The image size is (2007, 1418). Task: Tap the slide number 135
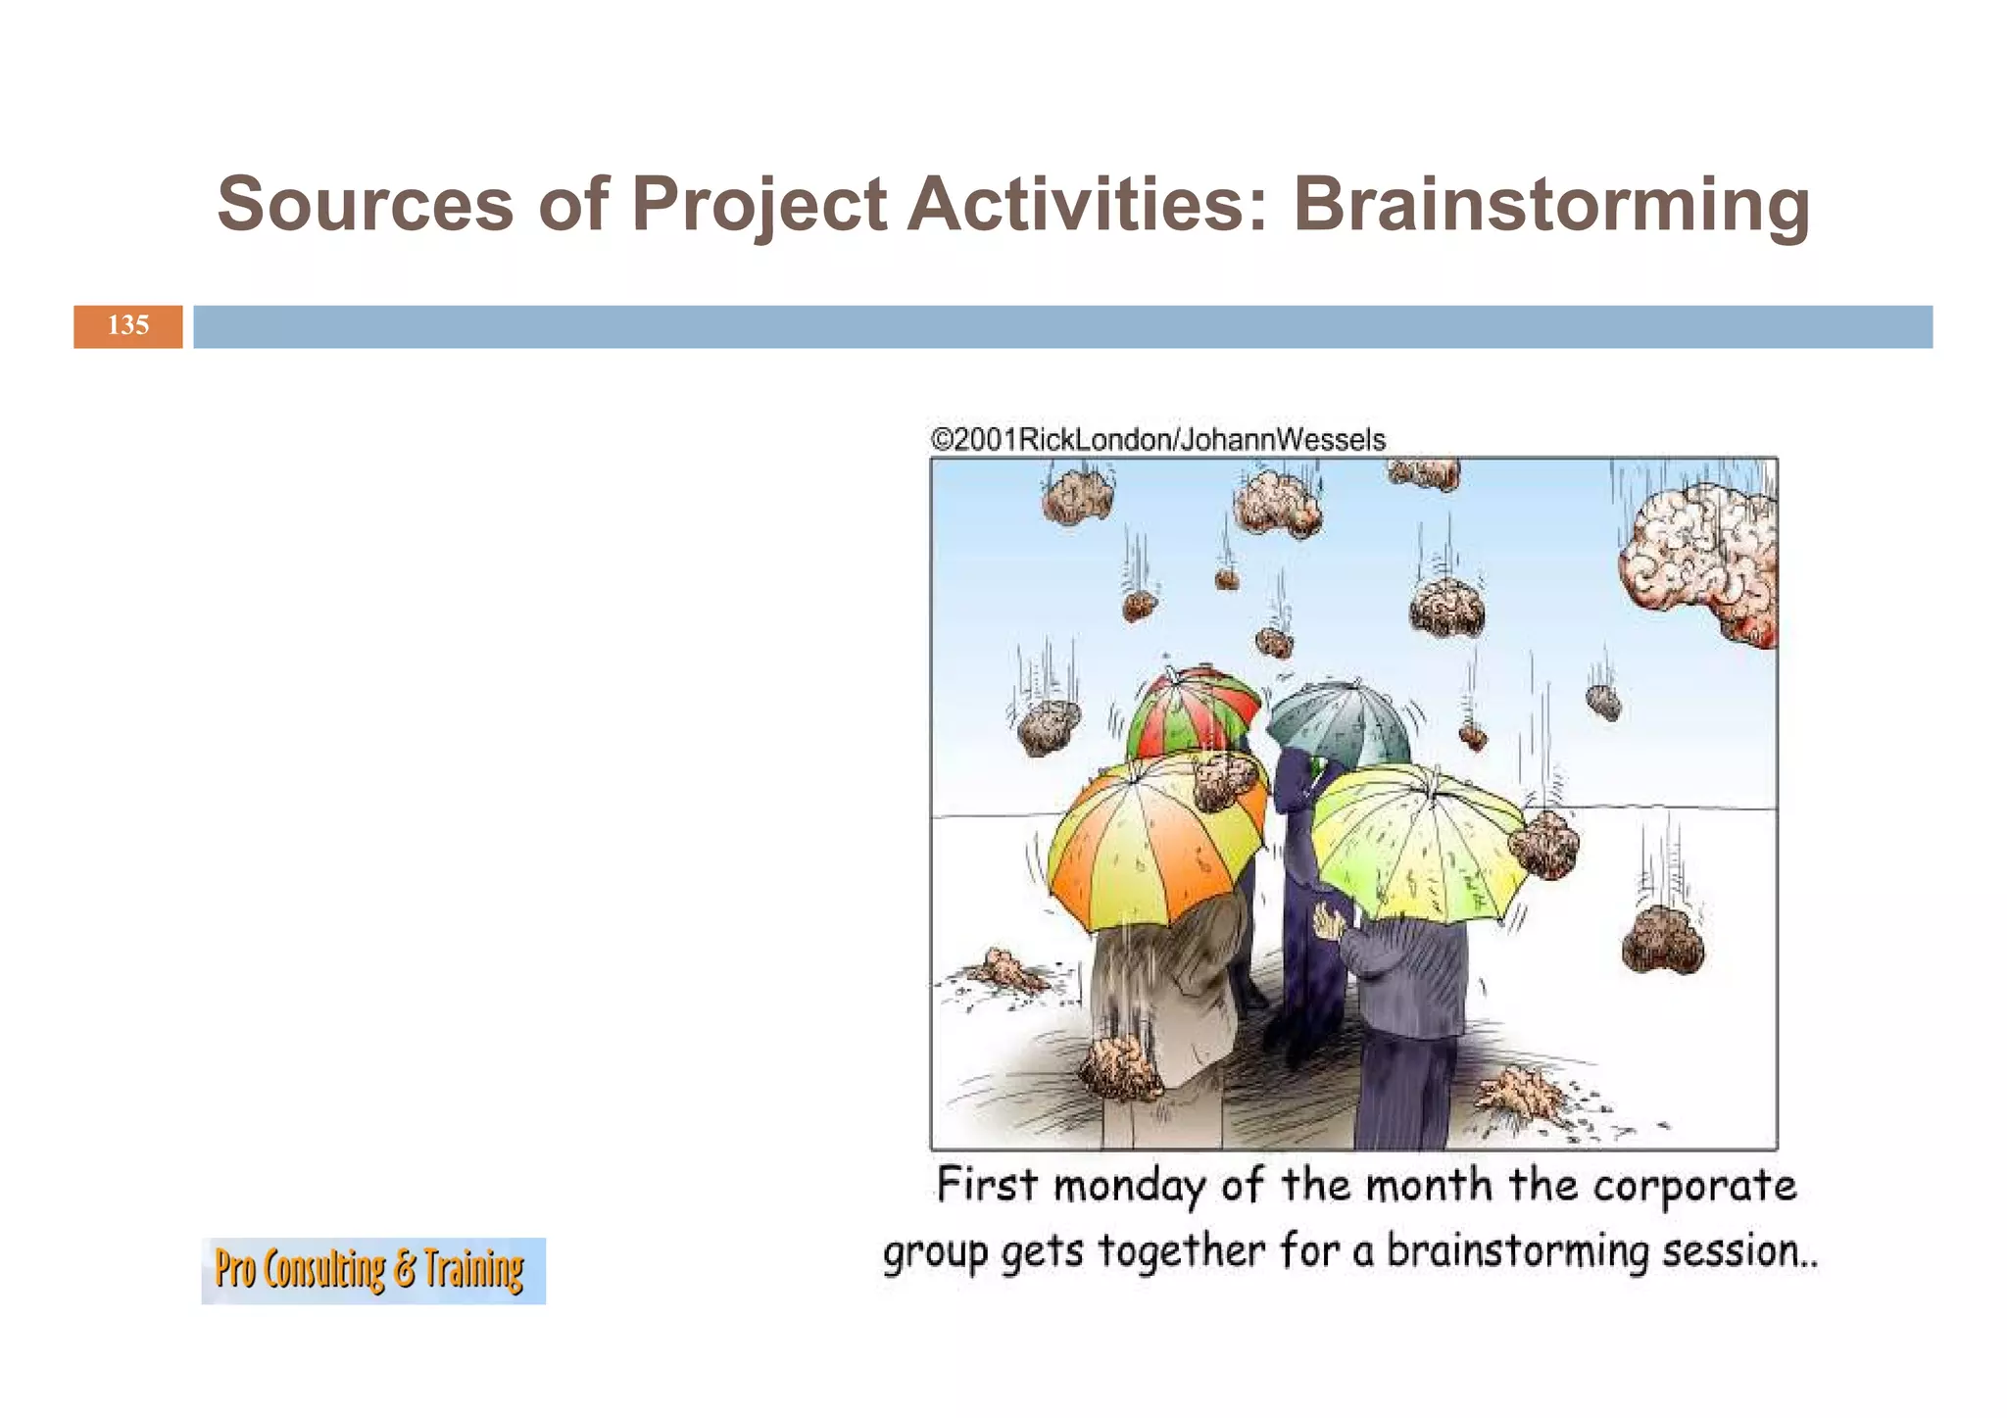coord(128,325)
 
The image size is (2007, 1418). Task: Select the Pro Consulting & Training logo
coord(372,1270)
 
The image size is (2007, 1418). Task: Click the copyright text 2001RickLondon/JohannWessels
coord(1158,439)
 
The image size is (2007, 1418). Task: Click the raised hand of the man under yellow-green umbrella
coord(1329,922)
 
